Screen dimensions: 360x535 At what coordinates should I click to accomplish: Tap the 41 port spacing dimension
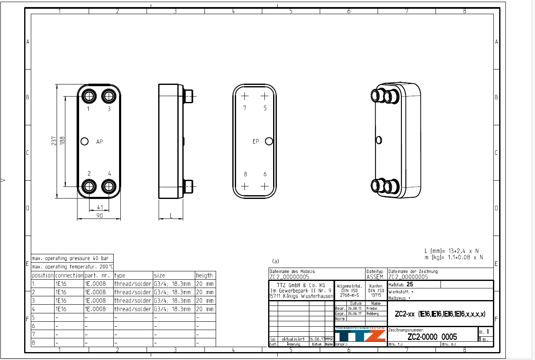[100, 207]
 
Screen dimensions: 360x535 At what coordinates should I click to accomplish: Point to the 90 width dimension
[100, 215]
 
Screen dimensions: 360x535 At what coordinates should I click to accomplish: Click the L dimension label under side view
[171, 215]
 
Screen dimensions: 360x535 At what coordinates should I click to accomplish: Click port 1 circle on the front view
[89, 96]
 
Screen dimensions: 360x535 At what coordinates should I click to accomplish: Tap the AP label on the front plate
[100, 142]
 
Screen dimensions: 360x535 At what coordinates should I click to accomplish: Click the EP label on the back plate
[256, 142]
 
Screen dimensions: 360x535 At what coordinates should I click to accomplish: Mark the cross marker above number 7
[244, 96]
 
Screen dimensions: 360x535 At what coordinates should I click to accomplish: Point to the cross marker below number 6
[264, 186]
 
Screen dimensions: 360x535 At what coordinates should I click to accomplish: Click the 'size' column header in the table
[159, 276]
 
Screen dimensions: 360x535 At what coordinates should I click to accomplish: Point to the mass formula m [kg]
[453, 257]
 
